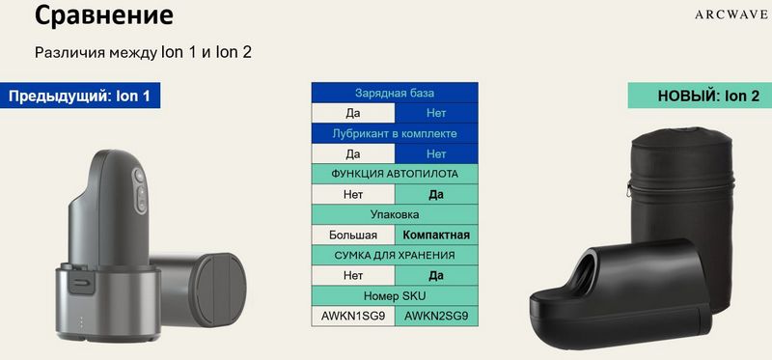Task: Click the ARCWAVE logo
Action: (x=732, y=14)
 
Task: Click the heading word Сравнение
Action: (x=104, y=15)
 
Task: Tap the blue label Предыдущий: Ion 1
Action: (x=80, y=95)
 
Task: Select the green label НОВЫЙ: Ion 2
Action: (x=700, y=95)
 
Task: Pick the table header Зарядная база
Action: (x=395, y=93)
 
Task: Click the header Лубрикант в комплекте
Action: (x=395, y=133)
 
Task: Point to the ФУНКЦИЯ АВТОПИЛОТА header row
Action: (x=395, y=174)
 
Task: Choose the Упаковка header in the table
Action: (x=395, y=214)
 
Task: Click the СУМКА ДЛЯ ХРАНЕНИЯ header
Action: (x=395, y=255)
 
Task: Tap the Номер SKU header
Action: (x=395, y=296)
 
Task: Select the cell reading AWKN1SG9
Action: (x=353, y=317)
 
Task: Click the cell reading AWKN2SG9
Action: (x=436, y=317)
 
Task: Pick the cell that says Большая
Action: (x=353, y=235)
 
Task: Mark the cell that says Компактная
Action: (x=436, y=235)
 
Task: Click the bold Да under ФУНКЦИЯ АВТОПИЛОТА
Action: (x=436, y=195)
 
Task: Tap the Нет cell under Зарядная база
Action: (x=436, y=113)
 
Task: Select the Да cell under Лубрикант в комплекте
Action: (x=353, y=153)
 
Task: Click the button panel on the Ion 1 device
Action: (x=140, y=190)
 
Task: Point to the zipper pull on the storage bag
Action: (x=630, y=188)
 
